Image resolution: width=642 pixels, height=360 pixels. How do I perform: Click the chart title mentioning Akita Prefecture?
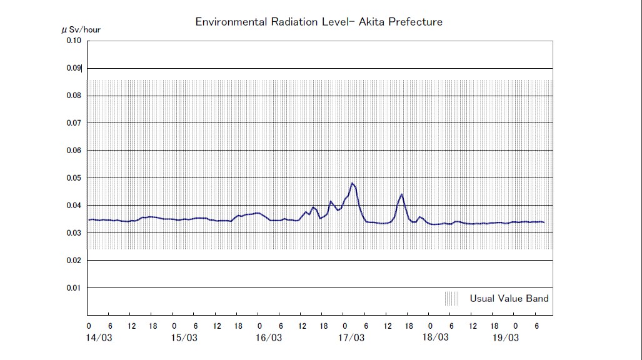pos(319,22)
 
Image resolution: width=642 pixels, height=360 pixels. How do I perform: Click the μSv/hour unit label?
pos(81,29)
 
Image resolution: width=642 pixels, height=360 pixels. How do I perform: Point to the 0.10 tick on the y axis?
pos(73,41)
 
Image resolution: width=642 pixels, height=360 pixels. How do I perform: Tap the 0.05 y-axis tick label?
pos(73,178)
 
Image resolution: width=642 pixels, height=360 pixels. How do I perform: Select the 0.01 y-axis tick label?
pos(73,288)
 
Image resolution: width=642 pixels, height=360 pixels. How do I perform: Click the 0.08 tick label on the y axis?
pos(73,96)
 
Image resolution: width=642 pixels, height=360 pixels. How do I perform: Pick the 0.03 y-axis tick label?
pos(73,233)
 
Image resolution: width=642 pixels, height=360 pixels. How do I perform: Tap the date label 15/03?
pos(184,337)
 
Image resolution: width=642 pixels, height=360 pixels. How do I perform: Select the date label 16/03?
pos(269,337)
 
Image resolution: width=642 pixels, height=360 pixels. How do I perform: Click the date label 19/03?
pos(505,337)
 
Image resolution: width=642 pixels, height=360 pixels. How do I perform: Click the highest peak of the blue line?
pos(353,183)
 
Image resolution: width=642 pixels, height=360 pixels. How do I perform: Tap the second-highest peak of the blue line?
pos(402,194)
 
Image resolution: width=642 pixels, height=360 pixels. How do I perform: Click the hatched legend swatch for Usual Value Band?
pos(452,299)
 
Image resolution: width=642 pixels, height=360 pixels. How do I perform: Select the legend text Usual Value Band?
pos(509,299)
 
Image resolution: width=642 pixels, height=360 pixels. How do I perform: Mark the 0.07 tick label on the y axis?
pos(73,123)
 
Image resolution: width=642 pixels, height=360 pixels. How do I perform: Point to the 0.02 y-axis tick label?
pos(73,261)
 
